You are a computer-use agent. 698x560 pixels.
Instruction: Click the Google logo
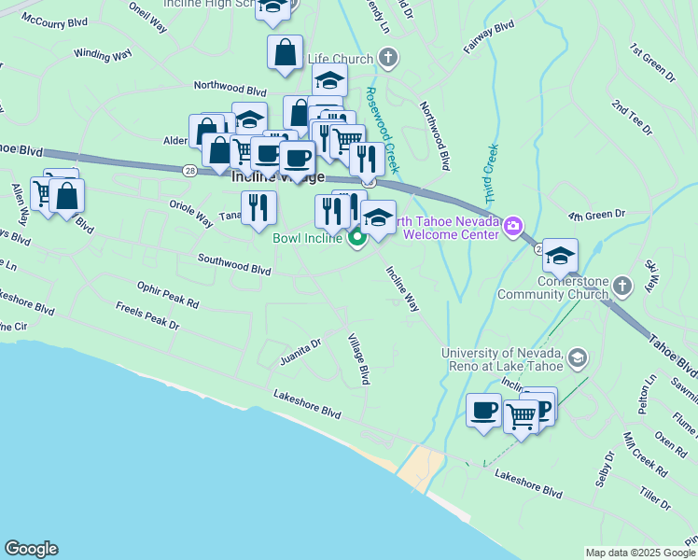31,549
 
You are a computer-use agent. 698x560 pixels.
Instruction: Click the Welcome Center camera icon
512,227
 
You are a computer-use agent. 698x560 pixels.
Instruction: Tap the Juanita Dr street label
300,351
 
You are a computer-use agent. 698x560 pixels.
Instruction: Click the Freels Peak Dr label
147,315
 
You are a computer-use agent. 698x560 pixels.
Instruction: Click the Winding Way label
103,55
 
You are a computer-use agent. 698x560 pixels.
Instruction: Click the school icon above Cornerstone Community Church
560,256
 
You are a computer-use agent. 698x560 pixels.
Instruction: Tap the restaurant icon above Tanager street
258,207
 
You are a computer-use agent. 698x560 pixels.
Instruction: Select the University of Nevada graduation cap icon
577,357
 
